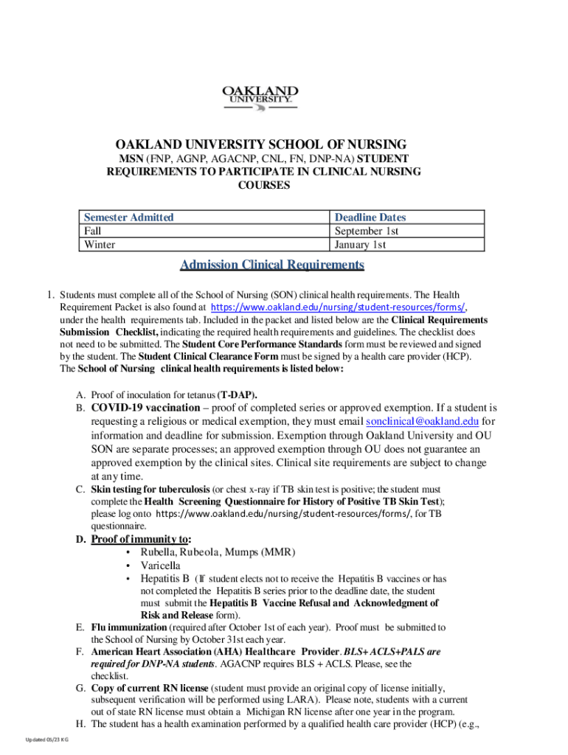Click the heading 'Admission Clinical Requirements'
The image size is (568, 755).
pyautogui.click(x=273, y=265)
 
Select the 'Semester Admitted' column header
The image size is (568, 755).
pyautogui.click(x=129, y=218)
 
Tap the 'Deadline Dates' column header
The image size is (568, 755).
pyautogui.click(x=370, y=218)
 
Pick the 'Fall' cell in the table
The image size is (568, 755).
pyautogui.click(x=94, y=231)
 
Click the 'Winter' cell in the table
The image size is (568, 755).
pyautogui.click(x=100, y=245)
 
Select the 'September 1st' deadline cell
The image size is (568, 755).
pyautogui.click(x=367, y=231)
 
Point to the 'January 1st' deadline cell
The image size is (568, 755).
pyautogui.click(x=361, y=245)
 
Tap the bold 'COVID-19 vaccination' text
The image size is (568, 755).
pyautogui.click(x=145, y=408)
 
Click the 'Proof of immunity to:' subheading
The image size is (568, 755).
pyautogui.click(x=139, y=539)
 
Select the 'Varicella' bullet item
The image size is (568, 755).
pyautogui.click(x=160, y=566)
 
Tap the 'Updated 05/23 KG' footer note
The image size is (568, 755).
pyautogui.click(x=46, y=740)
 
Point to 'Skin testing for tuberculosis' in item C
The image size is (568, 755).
pyautogui.click(x=150, y=490)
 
